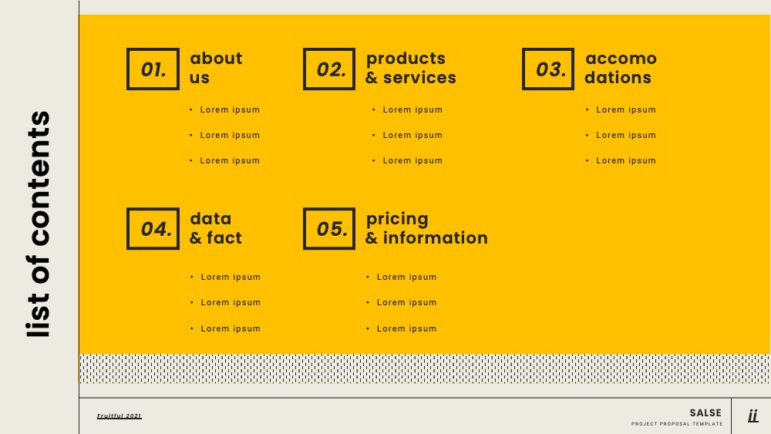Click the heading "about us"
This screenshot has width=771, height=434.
click(x=216, y=68)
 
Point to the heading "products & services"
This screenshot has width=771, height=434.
click(x=411, y=68)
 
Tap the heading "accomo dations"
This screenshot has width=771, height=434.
click(x=621, y=68)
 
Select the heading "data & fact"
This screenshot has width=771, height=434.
click(x=215, y=228)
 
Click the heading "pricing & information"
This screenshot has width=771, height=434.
click(x=426, y=228)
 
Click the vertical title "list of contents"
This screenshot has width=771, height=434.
click(x=39, y=224)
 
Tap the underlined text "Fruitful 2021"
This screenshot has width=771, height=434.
click(x=119, y=415)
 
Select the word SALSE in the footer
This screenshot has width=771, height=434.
click(x=705, y=413)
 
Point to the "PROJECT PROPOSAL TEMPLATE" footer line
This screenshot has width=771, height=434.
click(x=677, y=424)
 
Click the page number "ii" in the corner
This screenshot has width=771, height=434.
click(x=752, y=415)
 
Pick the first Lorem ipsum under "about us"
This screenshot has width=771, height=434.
click(x=230, y=109)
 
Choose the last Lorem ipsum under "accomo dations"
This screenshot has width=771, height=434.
click(x=626, y=160)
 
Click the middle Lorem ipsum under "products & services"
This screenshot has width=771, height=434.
click(x=412, y=135)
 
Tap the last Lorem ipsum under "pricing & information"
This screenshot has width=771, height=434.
click(x=406, y=328)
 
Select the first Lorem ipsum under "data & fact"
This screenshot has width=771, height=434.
click(x=231, y=277)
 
